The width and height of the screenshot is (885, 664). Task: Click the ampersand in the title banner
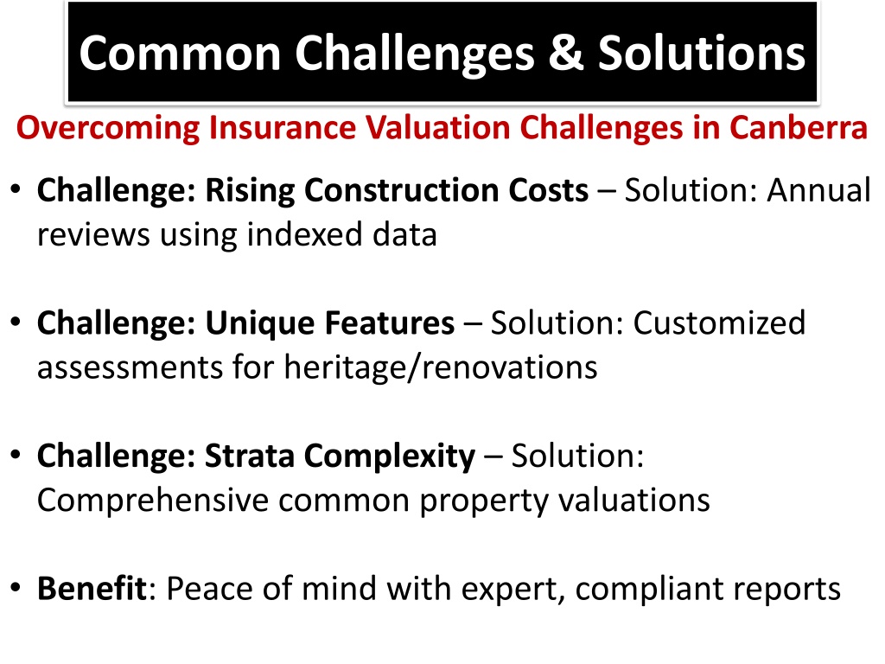(565, 53)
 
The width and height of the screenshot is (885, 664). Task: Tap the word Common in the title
(180, 53)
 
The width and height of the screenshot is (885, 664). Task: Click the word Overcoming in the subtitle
(108, 128)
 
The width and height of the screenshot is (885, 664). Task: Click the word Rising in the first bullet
(250, 191)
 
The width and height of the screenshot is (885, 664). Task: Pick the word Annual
(818, 189)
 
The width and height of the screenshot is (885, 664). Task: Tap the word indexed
(305, 234)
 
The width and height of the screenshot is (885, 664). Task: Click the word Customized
(719, 323)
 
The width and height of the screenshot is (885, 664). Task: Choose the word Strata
(250, 456)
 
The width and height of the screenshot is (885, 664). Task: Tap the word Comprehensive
(152, 501)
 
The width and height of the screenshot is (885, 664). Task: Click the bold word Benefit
(92, 588)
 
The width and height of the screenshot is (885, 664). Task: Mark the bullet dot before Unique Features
(16, 322)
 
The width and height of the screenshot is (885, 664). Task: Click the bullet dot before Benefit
(16, 588)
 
